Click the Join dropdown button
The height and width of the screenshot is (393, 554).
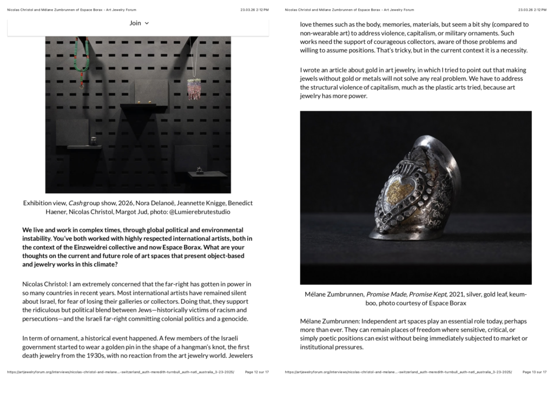139,23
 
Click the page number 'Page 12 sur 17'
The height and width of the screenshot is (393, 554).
257,372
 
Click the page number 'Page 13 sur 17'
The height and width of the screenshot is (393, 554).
535,372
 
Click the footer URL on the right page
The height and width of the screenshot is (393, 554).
398,372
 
